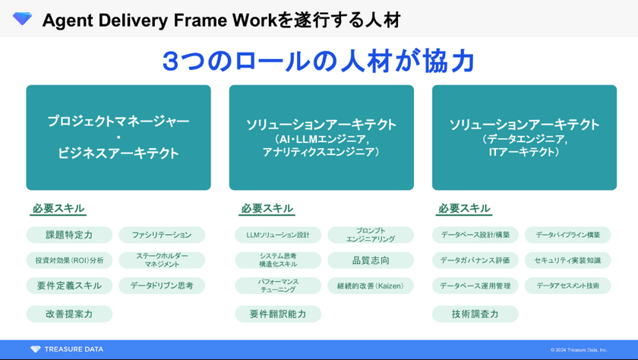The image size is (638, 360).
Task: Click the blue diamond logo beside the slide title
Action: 23,18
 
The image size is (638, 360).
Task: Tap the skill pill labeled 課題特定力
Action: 69,235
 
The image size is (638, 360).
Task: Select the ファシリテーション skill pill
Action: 162,235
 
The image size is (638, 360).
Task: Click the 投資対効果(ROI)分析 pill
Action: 69,261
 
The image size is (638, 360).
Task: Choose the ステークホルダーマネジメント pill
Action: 162,261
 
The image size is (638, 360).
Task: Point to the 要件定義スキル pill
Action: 69,286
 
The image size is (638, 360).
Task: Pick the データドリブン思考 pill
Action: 162,286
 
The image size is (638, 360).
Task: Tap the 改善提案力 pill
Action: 69,314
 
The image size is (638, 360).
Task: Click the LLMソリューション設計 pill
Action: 273,235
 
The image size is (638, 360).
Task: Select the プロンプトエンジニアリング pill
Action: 371,235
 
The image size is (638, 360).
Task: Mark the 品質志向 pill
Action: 371,261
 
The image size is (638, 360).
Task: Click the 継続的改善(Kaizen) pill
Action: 371,286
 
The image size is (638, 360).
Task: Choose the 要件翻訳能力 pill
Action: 273,314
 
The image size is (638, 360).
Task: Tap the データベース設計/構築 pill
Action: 475,235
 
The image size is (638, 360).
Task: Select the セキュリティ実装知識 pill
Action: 567,261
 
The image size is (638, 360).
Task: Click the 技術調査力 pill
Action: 475,314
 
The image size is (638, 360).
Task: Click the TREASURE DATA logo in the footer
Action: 67,349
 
